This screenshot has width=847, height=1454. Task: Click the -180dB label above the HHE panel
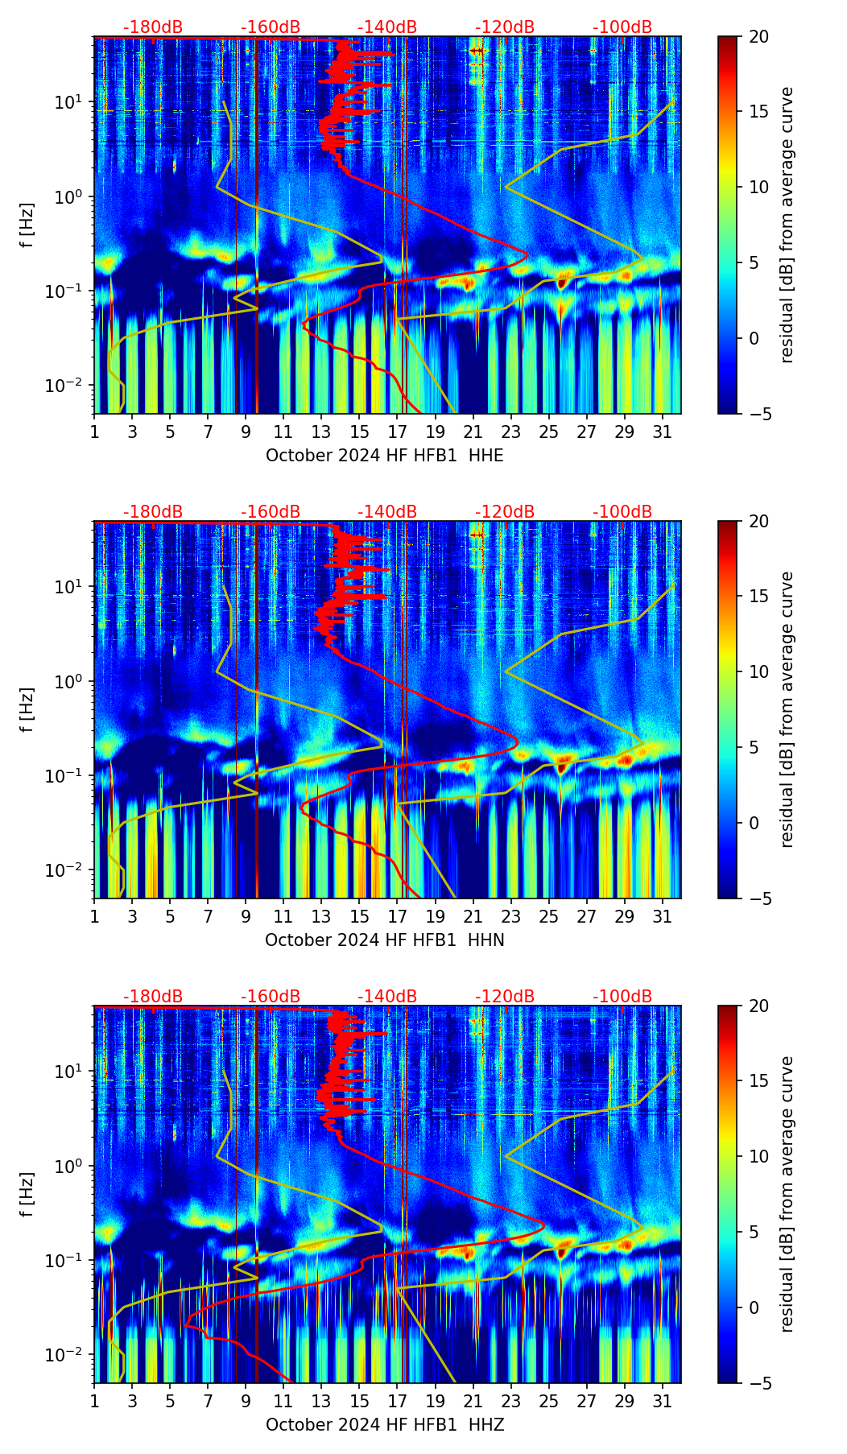point(152,27)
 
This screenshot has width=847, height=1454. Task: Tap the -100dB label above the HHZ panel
point(622,997)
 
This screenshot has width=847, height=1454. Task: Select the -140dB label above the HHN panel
point(387,512)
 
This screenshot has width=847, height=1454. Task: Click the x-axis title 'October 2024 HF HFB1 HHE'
point(384,456)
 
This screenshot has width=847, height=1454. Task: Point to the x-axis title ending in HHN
point(384,940)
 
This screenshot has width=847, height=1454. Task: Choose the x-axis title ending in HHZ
point(384,1425)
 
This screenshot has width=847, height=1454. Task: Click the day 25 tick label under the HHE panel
point(548,432)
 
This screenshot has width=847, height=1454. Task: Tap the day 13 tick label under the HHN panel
point(321,916)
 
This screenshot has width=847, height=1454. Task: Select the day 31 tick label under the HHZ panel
point(662,1401)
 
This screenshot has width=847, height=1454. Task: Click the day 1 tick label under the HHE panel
point(94,432)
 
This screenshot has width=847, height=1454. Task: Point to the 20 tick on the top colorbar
point(760,37)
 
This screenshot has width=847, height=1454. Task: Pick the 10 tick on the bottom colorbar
point(760,1156)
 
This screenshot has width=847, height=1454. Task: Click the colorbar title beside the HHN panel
point(787,709)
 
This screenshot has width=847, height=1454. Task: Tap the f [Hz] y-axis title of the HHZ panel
point(28,1194)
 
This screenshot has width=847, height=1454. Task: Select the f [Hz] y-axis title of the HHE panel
point(28,225)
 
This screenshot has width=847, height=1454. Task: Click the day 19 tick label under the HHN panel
point(435,916)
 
